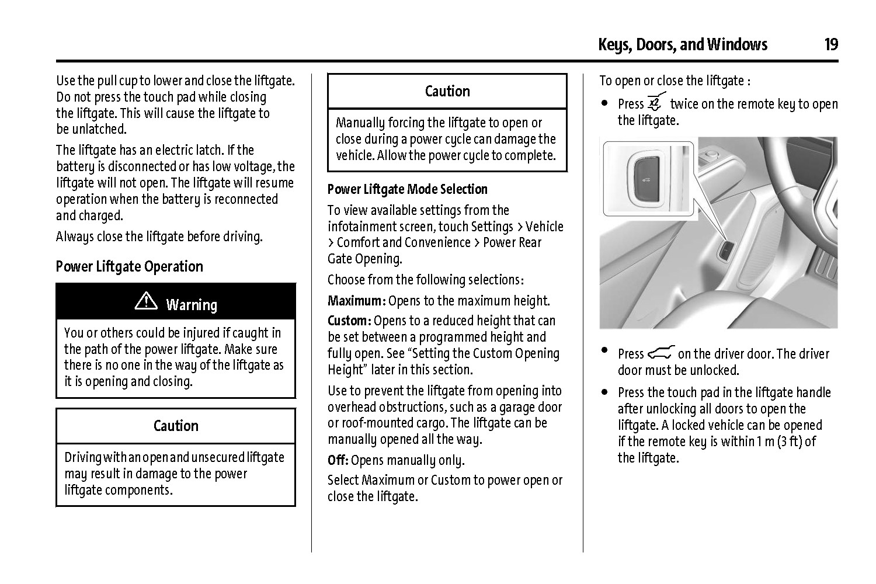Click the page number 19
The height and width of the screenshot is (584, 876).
830,44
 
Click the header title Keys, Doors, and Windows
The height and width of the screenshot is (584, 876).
682,44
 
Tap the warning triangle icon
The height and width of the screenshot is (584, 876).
146,301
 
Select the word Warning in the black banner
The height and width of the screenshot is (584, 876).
192,305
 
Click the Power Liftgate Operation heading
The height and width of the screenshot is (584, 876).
129,267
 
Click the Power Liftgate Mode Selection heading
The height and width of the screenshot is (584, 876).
407,189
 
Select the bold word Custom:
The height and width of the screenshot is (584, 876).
349,321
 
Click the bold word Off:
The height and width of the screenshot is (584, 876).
338,460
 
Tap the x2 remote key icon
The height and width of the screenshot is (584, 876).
656,103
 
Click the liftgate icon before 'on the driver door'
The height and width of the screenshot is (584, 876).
661,353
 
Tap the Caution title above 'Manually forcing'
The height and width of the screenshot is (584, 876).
447,91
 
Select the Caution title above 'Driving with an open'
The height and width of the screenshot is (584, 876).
176,426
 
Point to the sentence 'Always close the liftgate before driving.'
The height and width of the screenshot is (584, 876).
159,237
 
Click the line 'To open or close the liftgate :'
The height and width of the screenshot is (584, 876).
675,81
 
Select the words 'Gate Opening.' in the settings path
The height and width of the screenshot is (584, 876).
364,259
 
